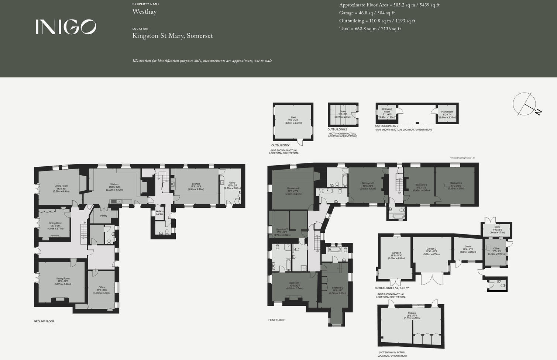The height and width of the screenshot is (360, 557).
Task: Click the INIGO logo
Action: (66, 27)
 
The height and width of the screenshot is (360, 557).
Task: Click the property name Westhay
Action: (144, 12)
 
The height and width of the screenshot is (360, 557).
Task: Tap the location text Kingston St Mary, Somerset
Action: (172, 36)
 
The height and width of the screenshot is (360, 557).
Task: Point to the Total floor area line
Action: (370, 29)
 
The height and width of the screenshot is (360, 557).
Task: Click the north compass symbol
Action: (525, 105)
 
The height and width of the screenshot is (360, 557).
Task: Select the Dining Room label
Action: (61, 186)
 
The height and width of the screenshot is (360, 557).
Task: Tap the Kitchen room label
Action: (114, 184)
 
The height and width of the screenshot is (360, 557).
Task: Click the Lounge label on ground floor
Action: (196, 184)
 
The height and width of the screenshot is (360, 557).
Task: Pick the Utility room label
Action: (232, 183)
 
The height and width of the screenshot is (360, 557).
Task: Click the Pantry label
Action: (104, 216)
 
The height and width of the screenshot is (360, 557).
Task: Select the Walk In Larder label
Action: (159, 212)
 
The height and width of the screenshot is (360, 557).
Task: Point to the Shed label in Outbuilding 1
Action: (293, 118)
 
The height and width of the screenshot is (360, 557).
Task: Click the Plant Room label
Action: (447, 112)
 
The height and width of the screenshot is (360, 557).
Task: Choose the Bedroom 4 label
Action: (293, 188)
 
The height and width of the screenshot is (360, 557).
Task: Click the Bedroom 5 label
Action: (456, 183)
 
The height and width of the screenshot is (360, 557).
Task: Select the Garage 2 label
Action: (431, 249)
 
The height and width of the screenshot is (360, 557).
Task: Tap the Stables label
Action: (412, 313)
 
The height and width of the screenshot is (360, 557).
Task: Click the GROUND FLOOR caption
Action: (44, 321)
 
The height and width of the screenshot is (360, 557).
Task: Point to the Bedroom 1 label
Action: (295, 283)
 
